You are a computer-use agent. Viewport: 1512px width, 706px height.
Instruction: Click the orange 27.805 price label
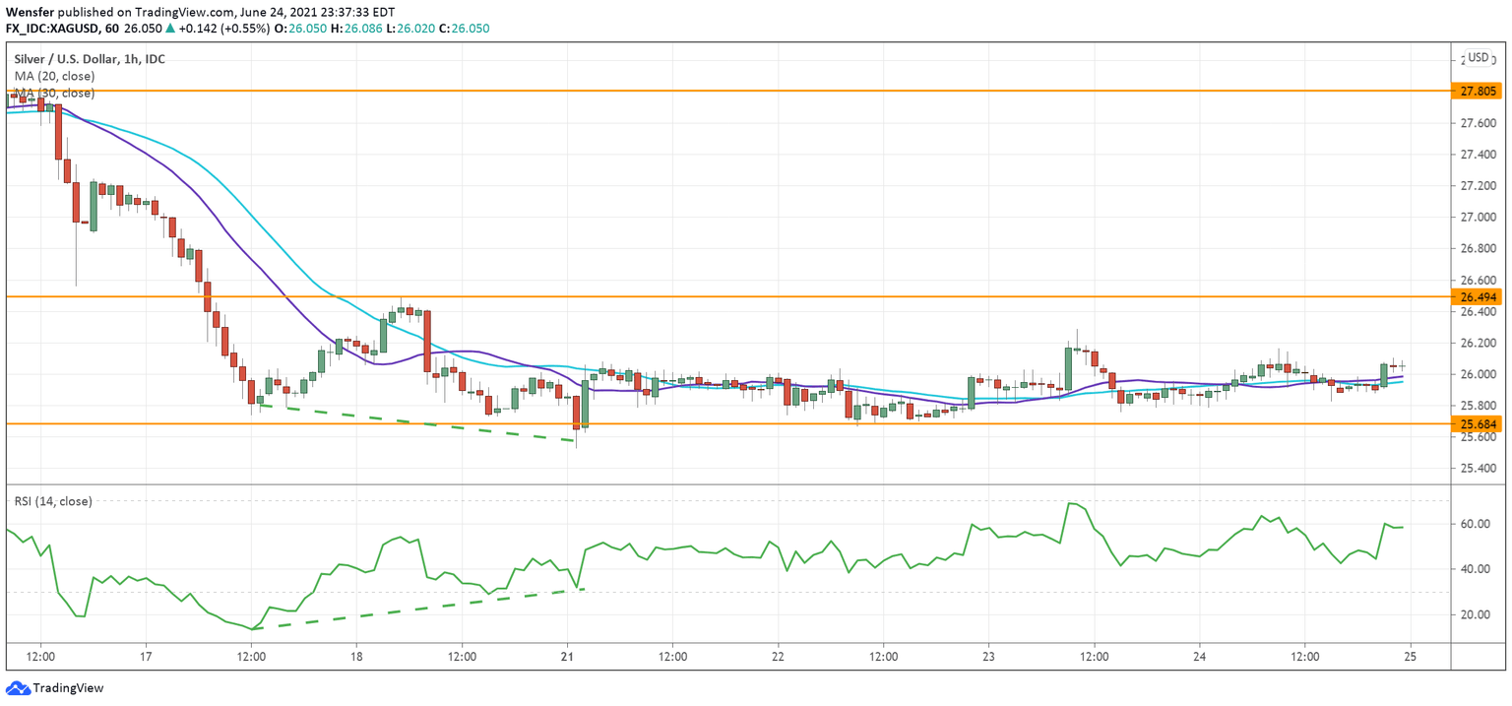point(1479,91)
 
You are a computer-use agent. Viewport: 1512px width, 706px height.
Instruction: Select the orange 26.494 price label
point(1479,296)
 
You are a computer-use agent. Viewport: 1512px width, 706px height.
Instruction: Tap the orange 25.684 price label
point(1479,424)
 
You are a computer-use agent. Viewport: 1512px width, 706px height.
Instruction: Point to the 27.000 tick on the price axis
point(1479,218)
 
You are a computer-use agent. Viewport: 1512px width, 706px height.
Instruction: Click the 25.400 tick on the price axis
point(1479,469)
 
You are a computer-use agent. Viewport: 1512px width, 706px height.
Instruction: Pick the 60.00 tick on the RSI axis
point(1475,524)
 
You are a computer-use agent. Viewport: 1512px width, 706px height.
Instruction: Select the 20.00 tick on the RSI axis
point(1475,614)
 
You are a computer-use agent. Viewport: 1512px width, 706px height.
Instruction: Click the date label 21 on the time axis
point(568,657)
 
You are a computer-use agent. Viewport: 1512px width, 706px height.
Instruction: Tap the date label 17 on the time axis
point(146,657)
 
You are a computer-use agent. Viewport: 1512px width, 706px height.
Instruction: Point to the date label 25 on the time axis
point(1412,657)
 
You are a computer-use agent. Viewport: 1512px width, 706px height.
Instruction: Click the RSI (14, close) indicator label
point(53,501)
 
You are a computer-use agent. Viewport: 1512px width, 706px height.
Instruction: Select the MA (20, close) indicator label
point(54,76)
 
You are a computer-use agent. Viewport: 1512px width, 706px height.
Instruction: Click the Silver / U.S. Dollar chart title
point(90,59)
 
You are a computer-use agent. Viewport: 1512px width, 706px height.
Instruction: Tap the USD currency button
point(1479,58)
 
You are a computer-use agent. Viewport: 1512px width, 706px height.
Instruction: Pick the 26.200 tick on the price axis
point(1479,344)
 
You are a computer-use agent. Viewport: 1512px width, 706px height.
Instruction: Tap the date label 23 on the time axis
point(989,657)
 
